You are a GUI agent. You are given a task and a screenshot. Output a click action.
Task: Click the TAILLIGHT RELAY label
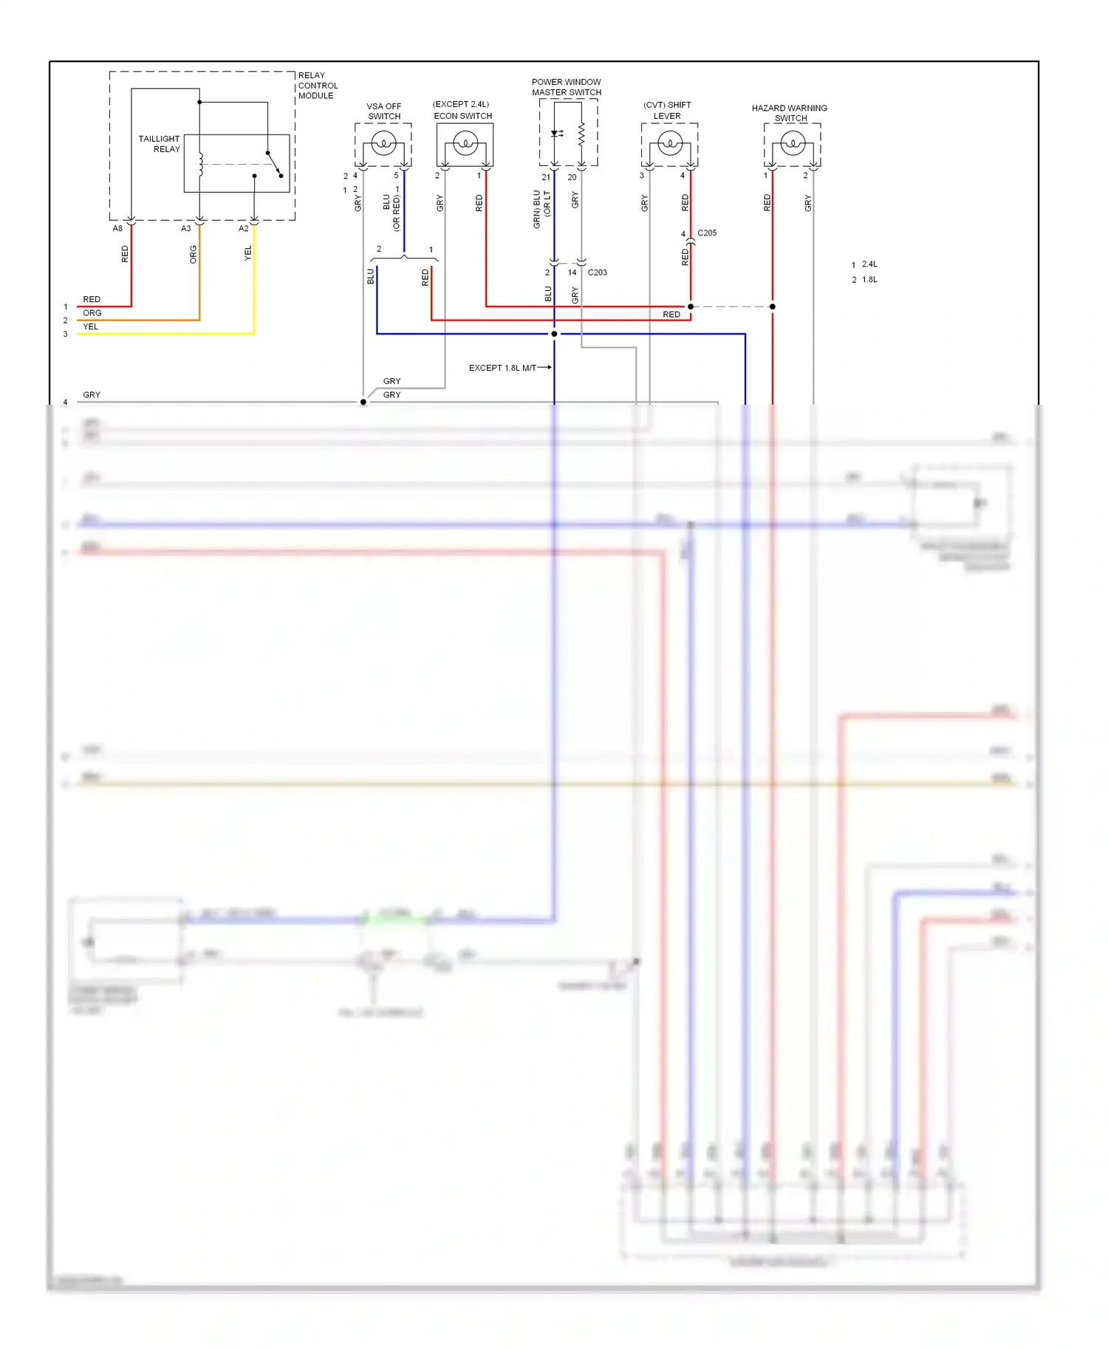(x=160, y=143)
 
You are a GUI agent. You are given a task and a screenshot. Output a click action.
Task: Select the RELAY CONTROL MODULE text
(x=317, y=85)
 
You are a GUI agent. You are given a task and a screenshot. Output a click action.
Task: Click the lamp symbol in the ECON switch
(x=465, y=142)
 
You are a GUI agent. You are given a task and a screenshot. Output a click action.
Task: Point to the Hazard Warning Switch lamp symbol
(x=793, y=142)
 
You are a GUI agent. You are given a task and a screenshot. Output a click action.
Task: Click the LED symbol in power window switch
(x=556, y=134)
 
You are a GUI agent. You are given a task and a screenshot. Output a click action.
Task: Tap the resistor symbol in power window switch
(x=581, y=134)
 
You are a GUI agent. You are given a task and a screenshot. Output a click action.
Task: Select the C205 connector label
(x=707, y=233)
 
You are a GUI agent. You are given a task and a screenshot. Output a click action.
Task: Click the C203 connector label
(x=597, y=273)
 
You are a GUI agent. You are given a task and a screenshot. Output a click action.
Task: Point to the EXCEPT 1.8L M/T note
(x=502, y=368)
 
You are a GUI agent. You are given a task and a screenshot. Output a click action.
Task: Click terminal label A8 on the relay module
(x=117, y=229)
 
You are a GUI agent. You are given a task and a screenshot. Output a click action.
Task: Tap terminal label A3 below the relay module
(x=185, y=229)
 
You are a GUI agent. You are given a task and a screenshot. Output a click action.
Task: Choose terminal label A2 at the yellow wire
(x=243, y=229)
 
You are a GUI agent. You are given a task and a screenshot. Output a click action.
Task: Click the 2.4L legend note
(x=869, y=264)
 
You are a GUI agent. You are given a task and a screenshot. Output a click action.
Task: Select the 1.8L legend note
(x=869, y=280)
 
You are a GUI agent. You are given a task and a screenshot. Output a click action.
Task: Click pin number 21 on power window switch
(x=546, y=177)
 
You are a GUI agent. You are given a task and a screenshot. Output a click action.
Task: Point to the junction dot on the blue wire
(x=554, y=334)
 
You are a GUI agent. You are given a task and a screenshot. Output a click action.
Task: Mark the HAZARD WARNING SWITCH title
(x=790, y=113)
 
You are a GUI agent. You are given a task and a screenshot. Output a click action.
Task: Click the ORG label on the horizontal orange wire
(x=92, y=313)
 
